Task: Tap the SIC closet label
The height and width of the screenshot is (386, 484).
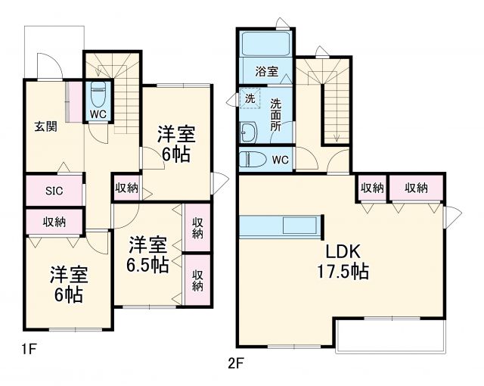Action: [53, 191]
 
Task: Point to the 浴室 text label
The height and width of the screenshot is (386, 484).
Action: [265, 72]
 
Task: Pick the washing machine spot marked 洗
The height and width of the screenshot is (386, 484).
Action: [250, 98]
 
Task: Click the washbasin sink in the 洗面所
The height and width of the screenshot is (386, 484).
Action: [248, 132]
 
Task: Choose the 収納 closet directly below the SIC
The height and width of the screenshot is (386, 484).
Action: [53, 222]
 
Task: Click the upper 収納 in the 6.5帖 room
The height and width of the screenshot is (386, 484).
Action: [197, 228]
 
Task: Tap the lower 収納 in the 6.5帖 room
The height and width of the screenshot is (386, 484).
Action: [197, 280]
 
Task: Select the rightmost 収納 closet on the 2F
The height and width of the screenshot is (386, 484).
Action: [415, 188]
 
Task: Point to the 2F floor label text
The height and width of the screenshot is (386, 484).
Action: [237, 362]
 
